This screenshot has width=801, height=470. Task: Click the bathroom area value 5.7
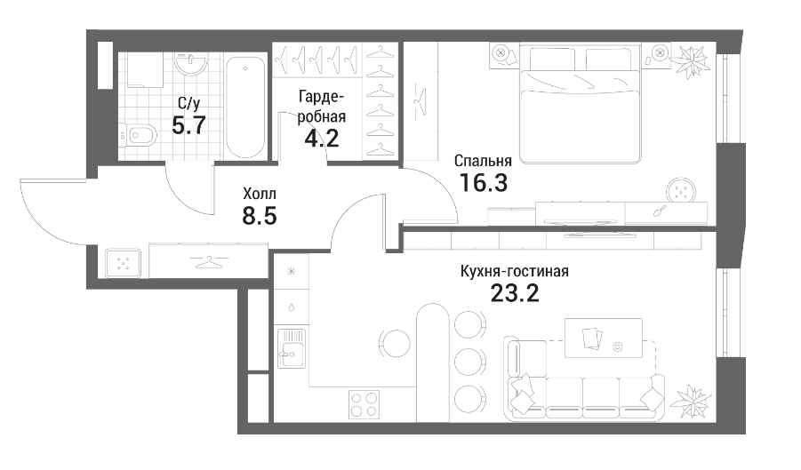pos(189,125)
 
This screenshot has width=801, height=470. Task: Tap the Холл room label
pos(260,194)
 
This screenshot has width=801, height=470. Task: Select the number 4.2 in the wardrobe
pos(321,138)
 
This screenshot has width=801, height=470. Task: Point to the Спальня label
pos(483,162)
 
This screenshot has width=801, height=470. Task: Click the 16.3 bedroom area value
pos(484,183)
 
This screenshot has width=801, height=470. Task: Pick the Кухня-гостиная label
pos(515,271)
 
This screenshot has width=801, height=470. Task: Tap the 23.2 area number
pos(515,293)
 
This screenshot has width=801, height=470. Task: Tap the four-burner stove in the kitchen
pos(364,404)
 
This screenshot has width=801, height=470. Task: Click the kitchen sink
pos(292,348)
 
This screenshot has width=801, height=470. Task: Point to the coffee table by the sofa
pos(604,338)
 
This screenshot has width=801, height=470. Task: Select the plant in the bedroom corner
pos(690,61)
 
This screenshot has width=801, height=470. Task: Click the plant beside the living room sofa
pos(693,401)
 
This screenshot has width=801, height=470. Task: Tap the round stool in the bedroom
pos(681,193)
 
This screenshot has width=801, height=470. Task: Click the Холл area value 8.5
pos(260,216)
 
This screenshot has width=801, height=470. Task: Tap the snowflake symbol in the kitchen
pos(292,272)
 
